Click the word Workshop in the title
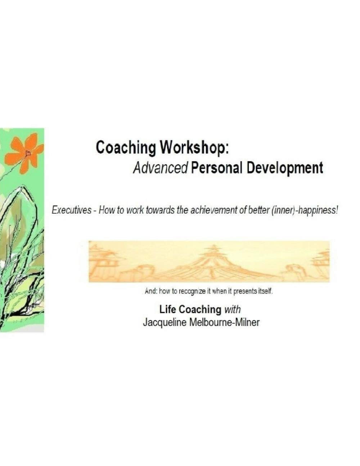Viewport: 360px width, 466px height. [194, 148]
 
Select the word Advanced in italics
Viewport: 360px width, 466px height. [160, 167]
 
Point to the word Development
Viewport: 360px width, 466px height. [284, 167]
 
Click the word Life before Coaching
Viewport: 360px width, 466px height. [168, 309]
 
